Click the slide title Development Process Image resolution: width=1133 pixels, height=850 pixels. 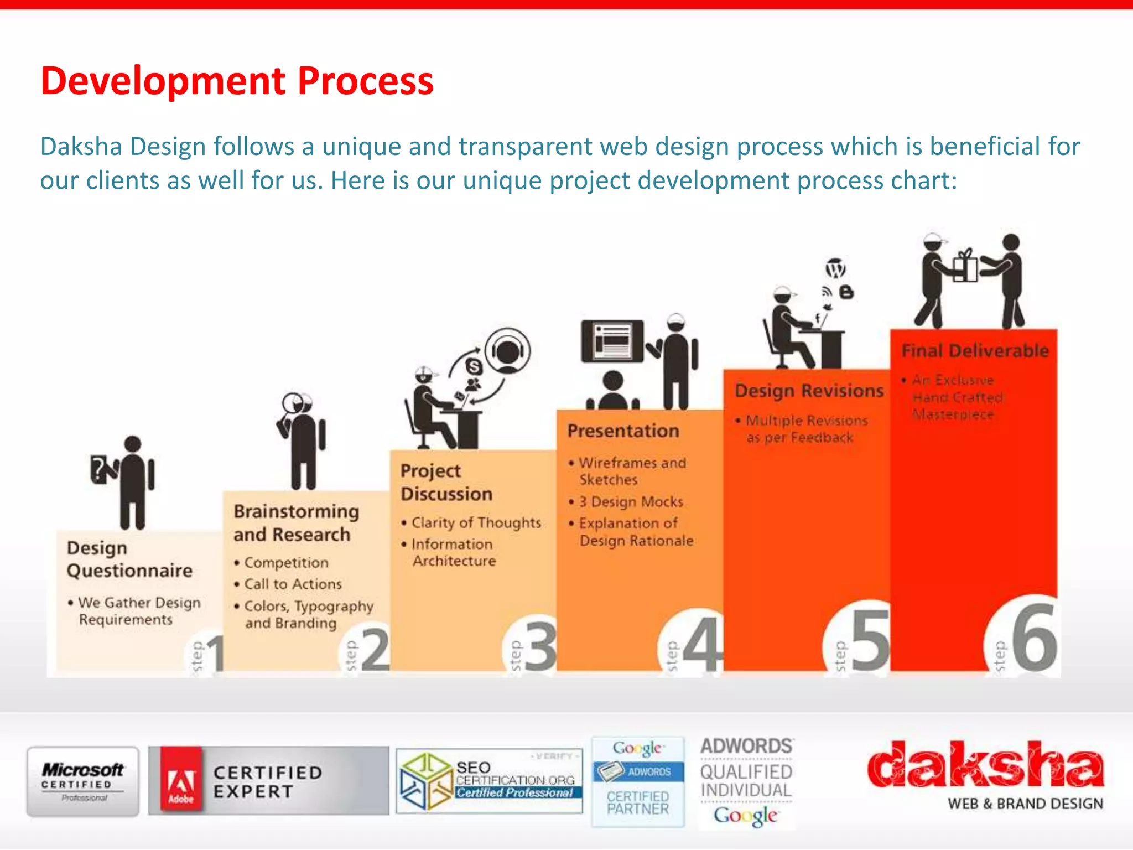[237, 81]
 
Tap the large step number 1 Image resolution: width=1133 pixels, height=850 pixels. [215, 653]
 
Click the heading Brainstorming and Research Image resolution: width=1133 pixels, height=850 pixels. [295, 522]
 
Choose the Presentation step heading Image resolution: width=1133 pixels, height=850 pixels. [623, 431]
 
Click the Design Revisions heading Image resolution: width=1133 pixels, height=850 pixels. [809, 391]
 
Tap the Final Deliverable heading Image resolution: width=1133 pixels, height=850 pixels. [975, 350]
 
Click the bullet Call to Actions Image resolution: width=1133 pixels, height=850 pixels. [293, 584]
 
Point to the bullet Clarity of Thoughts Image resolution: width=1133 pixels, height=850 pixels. [476, 522]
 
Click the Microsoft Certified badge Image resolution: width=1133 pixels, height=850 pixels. [83, 781]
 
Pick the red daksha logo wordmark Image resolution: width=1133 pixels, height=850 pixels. [985, 766]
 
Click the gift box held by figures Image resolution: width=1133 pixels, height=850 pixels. [965, 267]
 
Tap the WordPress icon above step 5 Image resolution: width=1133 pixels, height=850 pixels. [835, 269]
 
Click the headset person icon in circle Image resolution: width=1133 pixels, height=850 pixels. [507, 351]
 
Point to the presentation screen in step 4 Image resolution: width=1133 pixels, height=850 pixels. [612, 340]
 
